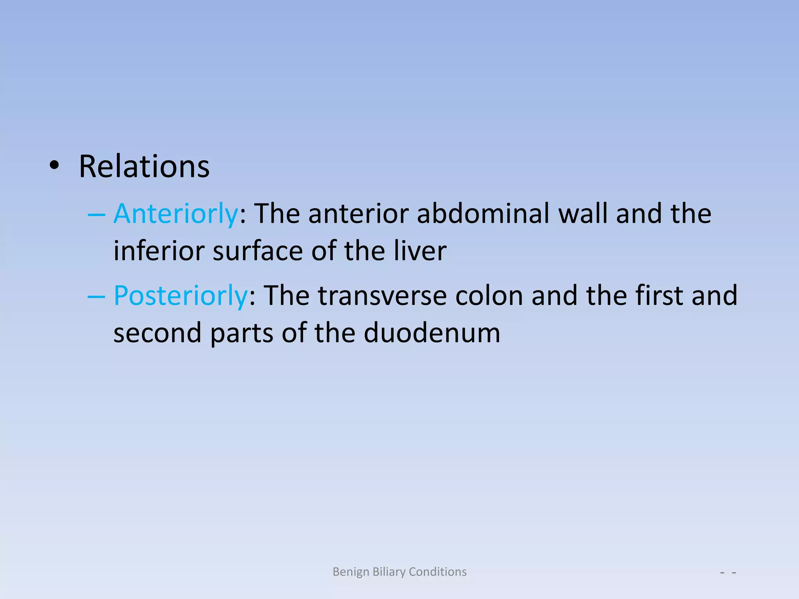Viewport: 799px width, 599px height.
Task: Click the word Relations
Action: point(144,167)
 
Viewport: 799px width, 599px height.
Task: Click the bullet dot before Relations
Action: point(54,166)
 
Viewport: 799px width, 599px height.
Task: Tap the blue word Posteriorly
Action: point(181,296)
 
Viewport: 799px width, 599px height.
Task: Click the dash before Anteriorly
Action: point(96,215)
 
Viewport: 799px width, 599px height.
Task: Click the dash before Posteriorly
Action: point(96,297)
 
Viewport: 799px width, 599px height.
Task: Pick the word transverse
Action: point(382,296)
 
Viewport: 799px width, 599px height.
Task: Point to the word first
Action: point(659,296)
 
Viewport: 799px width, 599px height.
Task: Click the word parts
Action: point(241,334)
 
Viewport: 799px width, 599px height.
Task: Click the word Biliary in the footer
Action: point(389,572)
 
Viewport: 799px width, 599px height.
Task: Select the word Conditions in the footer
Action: point(437,572)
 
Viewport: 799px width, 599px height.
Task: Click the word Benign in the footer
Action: point(351,572)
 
